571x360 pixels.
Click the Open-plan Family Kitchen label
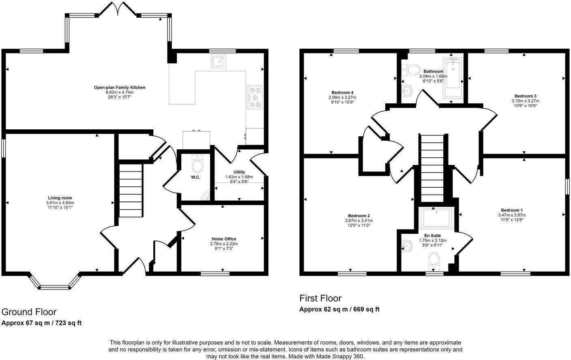coord(119,88)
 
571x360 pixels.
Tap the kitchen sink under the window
coord(218,62)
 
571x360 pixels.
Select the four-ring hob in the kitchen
coord(255,97)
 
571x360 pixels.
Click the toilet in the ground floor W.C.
coord(197,164)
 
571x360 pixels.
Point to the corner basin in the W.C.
coord(206,196)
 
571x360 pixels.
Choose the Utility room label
coord(239,172)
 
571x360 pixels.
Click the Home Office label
coord(223,239)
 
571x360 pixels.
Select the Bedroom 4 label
coord(342,92)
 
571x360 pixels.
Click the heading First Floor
coord(320,298)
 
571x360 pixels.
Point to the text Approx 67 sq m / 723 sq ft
coord(42,323)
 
